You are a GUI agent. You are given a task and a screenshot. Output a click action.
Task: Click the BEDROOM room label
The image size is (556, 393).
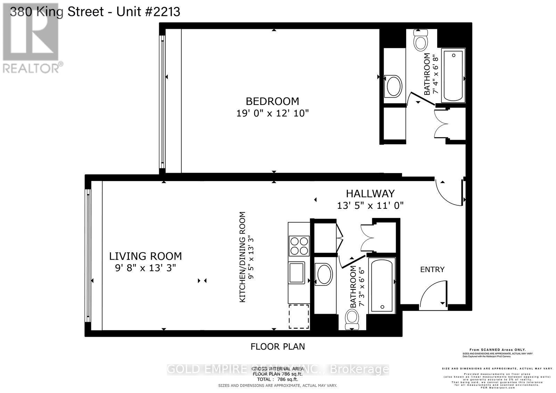[x=272, y=101]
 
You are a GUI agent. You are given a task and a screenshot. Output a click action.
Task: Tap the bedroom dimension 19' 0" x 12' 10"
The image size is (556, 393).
[x=272, y=113]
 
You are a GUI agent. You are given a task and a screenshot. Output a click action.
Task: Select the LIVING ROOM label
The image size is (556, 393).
[x=145, y=256]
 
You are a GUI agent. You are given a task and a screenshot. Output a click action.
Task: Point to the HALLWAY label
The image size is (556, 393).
[x=370, y=194]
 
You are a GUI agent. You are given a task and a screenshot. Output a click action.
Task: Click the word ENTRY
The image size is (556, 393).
[x=432, y=269]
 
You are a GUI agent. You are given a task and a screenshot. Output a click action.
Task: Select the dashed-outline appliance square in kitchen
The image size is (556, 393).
[x=299, y=316]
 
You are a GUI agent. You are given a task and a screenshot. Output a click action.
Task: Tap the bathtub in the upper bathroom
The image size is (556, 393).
[x=453, y=75]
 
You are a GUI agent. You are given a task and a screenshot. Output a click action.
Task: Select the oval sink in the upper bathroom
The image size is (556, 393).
[x=394, y=86]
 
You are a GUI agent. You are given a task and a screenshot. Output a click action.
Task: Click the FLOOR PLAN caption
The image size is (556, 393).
[x=278, y=346]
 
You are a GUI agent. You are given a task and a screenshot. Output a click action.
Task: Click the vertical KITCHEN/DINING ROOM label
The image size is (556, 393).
[x=243, y=257]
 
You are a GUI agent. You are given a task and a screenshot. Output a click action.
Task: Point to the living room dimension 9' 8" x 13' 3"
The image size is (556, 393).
[x=145, y=268]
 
